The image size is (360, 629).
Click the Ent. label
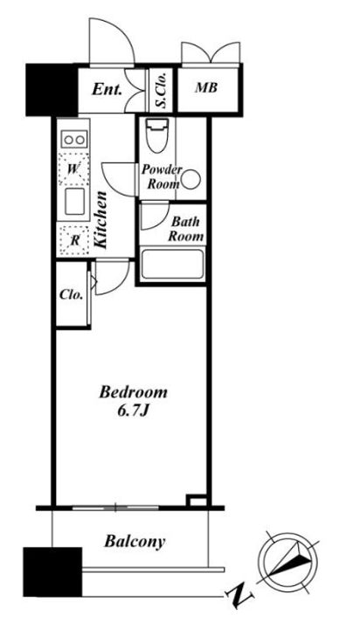coord(107,89)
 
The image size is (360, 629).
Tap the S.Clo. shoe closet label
coord(162,91)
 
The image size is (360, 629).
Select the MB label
coord(206,88)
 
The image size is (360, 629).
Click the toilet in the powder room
coord(156,135)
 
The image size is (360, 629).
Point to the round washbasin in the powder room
coord(191,179)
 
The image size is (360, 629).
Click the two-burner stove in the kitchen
coord(74,140)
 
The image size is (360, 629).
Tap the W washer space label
coord(73,169)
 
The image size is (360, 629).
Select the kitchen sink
coord(74,202)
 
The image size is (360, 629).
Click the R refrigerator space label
coord(74,241)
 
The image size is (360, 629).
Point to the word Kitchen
coord(100,220)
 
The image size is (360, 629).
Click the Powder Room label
coord(162,176)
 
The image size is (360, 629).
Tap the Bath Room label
coord(185,229)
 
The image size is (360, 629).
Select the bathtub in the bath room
coord(173,264)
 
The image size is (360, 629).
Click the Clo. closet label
coord(72,295)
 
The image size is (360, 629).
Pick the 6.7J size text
coord(133,411)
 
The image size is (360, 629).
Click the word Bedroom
coord(133,392)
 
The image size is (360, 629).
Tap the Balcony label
coord(135,542)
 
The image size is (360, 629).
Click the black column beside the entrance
coord(52,90)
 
